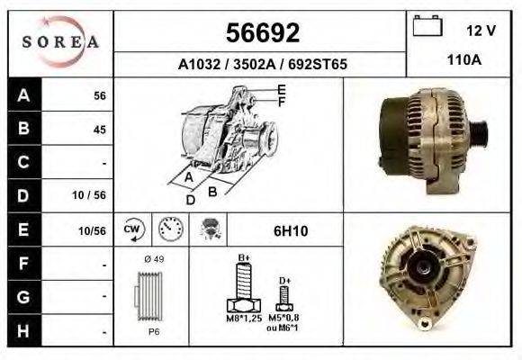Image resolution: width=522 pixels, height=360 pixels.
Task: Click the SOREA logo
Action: click(x=61, y=42)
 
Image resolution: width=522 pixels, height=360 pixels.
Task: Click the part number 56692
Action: click(x=261, y=32)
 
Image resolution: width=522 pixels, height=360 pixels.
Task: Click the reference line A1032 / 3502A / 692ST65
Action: click(x=263, y=65)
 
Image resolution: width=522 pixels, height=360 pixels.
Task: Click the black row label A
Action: click(x=22, y=94)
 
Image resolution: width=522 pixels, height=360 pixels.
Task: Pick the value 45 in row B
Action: click(x=99, y=129)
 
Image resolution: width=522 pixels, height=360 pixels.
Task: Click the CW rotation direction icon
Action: click(x=132, y=229)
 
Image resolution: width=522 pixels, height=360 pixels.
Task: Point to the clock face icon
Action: click(x=170, y=229)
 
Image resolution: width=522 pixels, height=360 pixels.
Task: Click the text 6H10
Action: click(x=291, y=230)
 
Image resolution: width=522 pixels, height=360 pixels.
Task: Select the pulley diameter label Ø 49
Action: click(x=153, y=259)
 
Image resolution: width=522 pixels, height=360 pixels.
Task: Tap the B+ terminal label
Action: click(x=243, y=257)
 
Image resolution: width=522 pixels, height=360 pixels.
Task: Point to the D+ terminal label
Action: click(x=284, y=280)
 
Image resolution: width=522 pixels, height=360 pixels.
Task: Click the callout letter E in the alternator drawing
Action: click(x=282, y=89)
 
